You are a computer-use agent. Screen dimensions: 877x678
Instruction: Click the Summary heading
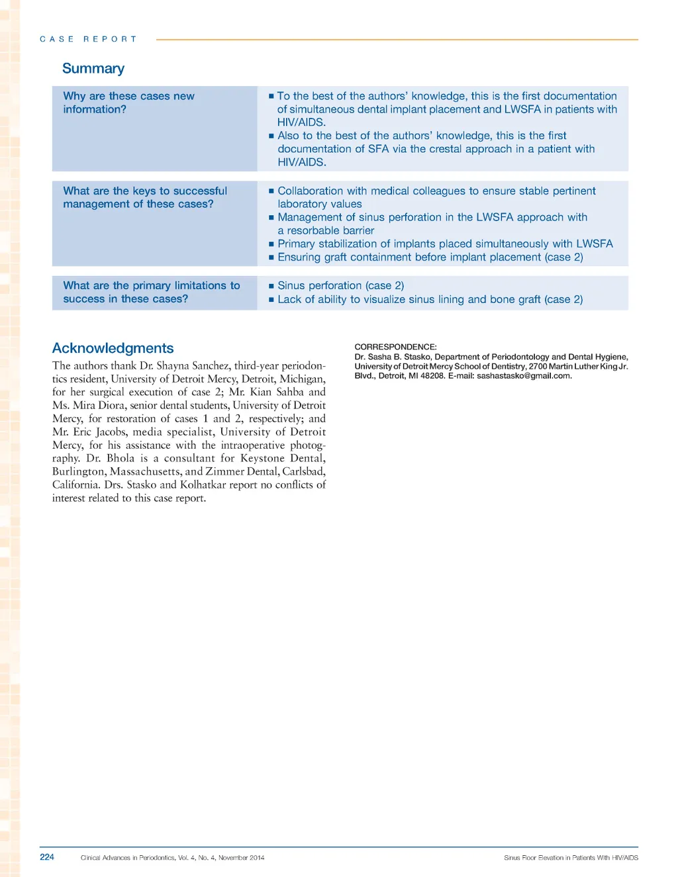[x=93, y=69]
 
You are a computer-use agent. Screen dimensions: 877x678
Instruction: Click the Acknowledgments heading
[x=113, y=348]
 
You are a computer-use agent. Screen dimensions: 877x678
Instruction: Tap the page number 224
[x=47, y=856]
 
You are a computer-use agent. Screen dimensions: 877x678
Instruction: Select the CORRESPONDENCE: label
[x=395, y=347]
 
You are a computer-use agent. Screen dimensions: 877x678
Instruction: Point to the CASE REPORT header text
[x=88, y=39]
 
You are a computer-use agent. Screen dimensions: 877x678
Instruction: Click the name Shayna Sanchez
[x=193, y=365]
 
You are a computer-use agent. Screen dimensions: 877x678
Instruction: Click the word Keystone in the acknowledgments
[x=262, y=458]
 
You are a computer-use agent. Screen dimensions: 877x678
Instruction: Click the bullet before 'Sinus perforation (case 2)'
[x=271, y=286]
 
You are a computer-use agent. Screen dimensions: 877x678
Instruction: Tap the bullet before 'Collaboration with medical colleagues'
[x=271, y=191]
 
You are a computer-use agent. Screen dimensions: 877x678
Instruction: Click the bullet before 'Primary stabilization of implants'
[x=271, y=244]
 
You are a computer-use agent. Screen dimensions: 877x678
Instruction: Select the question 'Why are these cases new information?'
[x=128, y=103]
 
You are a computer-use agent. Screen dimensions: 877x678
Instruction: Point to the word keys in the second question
[x=144, y=191]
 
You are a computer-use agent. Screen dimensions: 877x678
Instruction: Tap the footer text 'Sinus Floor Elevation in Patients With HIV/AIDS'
[x=571, y=857]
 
